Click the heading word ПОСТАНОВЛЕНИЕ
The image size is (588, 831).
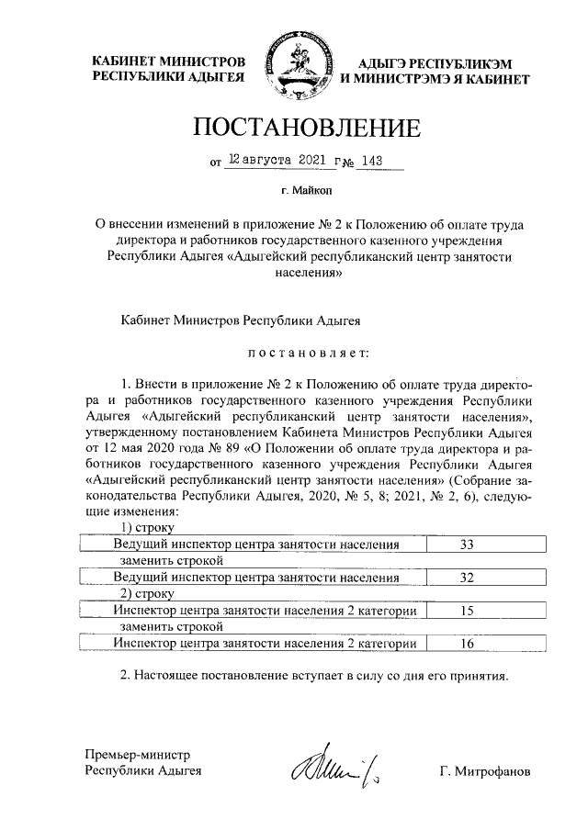[x=293, y=128]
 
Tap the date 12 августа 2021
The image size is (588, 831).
[x=278, y=161]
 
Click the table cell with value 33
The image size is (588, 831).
[x=466, y=545]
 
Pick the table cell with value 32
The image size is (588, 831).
[x=466, y=578]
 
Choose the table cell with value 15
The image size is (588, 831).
[x=466, y=610]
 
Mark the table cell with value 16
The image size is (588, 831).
[x=466, y=644]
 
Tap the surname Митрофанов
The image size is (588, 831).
[x=484, y=770]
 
